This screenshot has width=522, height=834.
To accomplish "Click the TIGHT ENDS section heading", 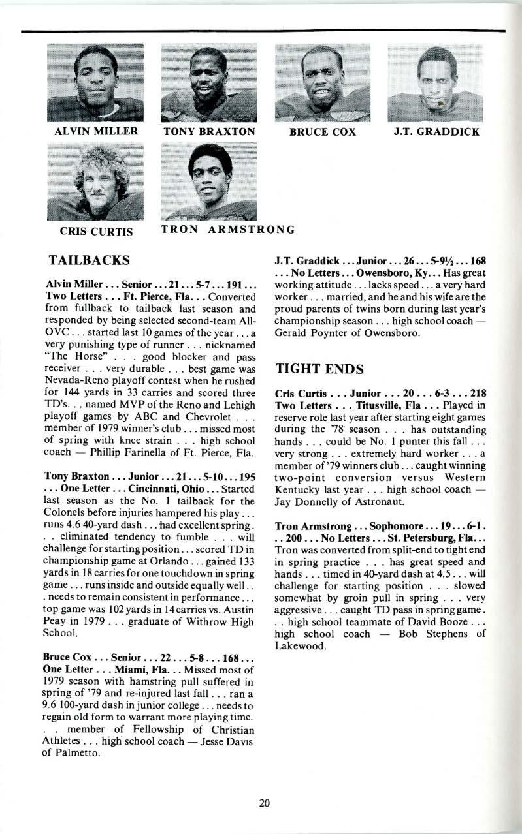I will point(319,369).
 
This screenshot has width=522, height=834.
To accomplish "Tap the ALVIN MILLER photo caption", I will point(97,131).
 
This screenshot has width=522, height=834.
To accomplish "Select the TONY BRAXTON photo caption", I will point(208,132).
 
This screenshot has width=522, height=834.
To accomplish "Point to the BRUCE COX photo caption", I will point(323,132).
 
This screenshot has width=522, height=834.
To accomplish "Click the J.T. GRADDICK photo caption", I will point(436,132).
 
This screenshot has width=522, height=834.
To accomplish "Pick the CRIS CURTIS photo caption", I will point(96,231).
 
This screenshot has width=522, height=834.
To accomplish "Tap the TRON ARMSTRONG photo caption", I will point(228,230).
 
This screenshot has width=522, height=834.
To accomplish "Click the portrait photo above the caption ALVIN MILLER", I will point(95,83).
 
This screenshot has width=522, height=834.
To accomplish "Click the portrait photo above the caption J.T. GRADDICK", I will point(435,83).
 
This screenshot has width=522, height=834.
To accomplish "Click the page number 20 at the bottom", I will point(264,803).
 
